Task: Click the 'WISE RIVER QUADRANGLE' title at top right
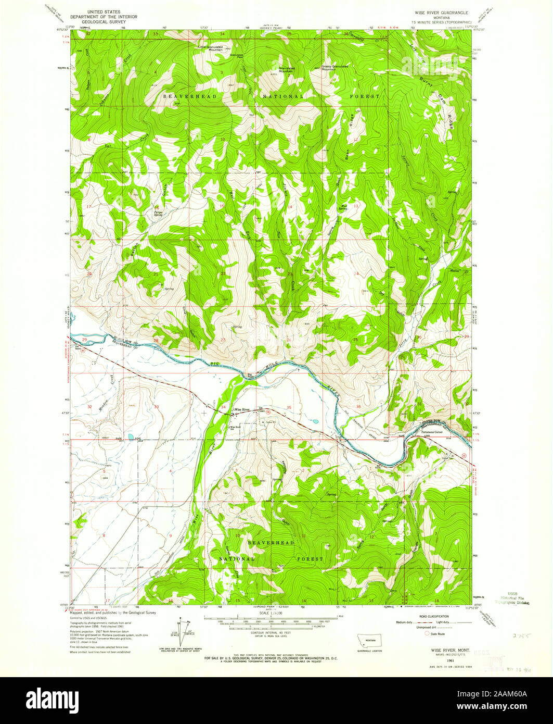441,11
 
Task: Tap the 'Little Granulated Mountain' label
210,48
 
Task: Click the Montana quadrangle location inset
370,641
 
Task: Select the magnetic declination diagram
183,631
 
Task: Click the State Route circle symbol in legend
428,634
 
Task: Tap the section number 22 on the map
223,273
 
